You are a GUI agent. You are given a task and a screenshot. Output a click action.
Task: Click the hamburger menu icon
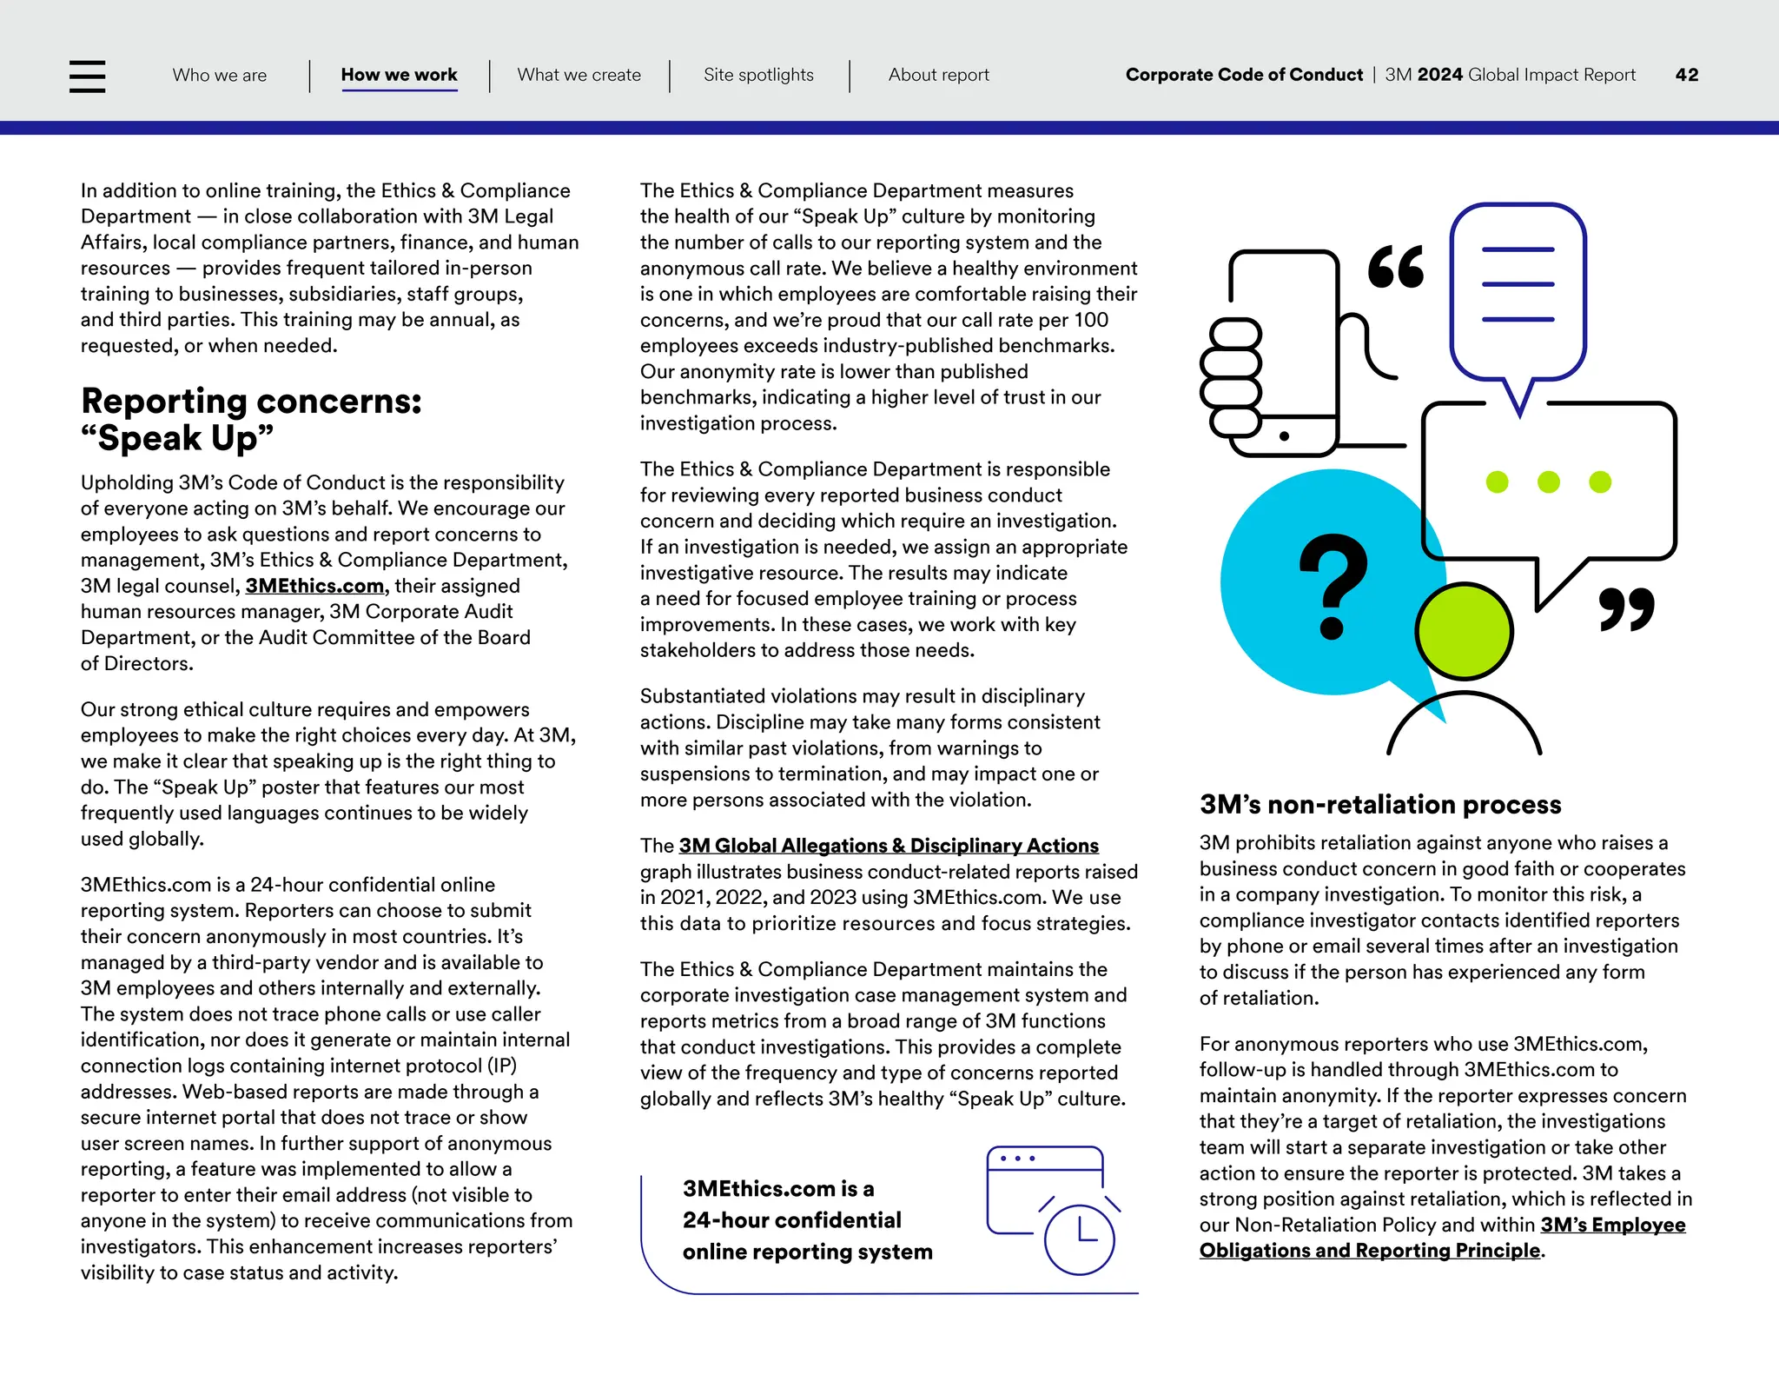[87, 76]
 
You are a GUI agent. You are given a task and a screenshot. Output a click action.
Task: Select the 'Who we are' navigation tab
[220, 76]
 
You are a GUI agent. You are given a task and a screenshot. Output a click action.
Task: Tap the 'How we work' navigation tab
[399, 76]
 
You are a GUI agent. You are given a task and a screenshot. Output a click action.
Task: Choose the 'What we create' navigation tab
[579, 76]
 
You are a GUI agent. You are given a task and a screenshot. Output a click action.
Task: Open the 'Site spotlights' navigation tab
[758, 76]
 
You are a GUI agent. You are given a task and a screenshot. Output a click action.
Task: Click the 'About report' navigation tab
[938, 76]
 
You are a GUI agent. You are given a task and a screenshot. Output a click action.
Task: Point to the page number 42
[1686, 76]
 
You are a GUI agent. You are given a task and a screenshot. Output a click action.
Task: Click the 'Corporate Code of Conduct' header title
[1244, 76]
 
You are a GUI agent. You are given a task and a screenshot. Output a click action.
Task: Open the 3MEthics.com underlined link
[314, 587]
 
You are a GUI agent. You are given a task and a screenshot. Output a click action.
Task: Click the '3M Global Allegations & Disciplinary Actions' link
[889, 847]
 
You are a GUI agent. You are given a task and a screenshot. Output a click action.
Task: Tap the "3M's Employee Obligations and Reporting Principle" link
[1442, 1239]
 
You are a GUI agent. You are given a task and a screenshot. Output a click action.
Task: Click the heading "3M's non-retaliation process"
[1379, 805]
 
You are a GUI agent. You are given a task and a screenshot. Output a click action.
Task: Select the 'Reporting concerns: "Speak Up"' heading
[251, 420]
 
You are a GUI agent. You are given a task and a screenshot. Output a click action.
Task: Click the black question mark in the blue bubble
[1333, 587]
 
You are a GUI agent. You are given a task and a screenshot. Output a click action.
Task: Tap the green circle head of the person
[1464, 632]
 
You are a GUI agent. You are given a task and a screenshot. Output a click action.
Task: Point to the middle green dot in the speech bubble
[1548, 482]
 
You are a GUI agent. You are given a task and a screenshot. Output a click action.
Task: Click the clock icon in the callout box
[1079, 1239]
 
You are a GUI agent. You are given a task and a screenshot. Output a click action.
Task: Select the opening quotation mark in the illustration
[1396, 267]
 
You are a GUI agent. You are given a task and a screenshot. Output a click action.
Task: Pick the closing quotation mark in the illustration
[1626, 609]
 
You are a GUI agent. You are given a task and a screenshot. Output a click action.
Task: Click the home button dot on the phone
[1284, 436]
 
